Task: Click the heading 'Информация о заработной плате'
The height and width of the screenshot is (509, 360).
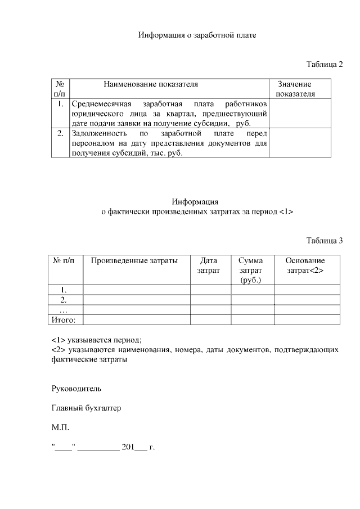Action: click(x=197, y=35)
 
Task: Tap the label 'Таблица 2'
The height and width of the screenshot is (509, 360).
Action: click(x=325, y=64)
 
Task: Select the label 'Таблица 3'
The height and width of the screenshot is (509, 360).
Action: click(x=325, y=241)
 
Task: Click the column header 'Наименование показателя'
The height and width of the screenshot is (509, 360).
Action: click(x=151, y=84)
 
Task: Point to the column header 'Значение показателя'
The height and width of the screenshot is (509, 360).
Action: click(x=295, y=89)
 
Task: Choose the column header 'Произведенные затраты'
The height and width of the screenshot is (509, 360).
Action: click(x=134, y=260)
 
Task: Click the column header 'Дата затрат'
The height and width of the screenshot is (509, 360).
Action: click(x=209, y=265)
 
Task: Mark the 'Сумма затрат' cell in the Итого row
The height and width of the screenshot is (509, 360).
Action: click(x=253, y=319)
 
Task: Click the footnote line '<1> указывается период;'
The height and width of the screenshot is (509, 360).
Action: click(x=97, y=340)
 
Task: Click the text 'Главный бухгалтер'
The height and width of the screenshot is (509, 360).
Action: click(x=86, y=408)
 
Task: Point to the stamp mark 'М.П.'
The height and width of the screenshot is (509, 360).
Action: click(x=60, y=428)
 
